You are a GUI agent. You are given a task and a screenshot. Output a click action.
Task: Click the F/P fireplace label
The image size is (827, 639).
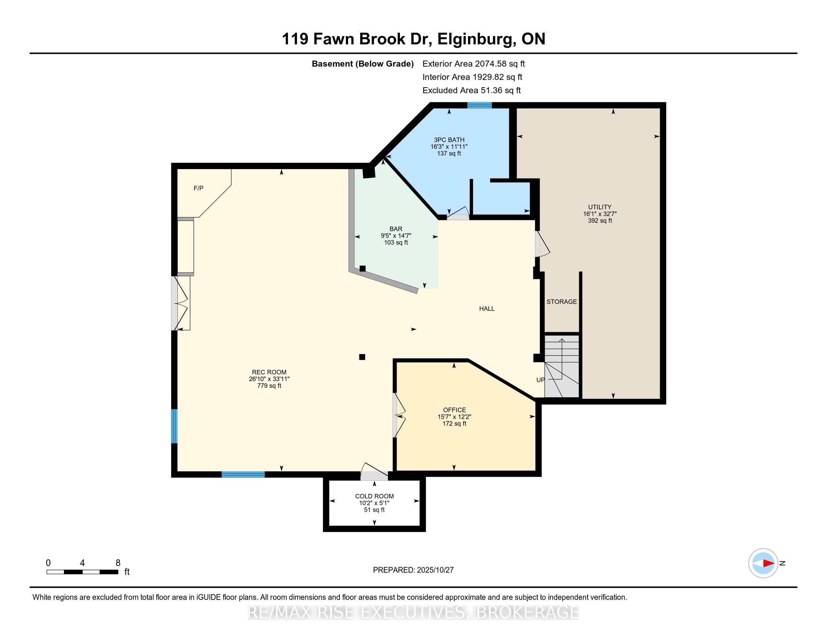click(x=198, y=188)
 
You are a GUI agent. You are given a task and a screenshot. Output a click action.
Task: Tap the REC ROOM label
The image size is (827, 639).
click(x=269, y=372)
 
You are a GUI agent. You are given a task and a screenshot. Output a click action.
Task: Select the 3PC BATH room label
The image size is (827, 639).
click(x=449, y=140)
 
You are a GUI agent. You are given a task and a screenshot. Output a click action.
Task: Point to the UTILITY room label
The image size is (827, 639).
click(x=600, y=207)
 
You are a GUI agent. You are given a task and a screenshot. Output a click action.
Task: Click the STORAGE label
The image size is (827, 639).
click(x=562, y=302)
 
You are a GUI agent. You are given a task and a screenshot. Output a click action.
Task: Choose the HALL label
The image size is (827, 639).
click(x=486, y=309)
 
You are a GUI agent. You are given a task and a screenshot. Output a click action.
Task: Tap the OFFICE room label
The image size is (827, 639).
click(x=454, y=410)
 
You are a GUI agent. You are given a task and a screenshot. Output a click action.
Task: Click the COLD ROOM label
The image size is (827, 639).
click(x=374, y=496)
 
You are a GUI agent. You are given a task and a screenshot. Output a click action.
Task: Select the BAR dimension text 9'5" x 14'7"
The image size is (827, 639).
click(x=396, y=235)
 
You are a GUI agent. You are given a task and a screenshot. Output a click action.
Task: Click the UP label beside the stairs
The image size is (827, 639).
click(x=540, y=380)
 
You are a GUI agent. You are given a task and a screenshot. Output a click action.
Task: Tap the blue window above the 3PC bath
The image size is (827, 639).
click(x=479, y=105)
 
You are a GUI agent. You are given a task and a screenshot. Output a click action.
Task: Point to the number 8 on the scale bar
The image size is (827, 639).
click(x=118, y=563)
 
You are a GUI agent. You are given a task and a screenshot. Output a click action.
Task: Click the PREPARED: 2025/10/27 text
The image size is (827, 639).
click(x=413, y=570)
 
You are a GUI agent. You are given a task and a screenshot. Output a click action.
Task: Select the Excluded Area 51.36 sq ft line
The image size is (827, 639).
click(x=471, y=91)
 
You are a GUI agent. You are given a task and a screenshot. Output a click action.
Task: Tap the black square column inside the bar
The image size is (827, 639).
click(x=362, y=268)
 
